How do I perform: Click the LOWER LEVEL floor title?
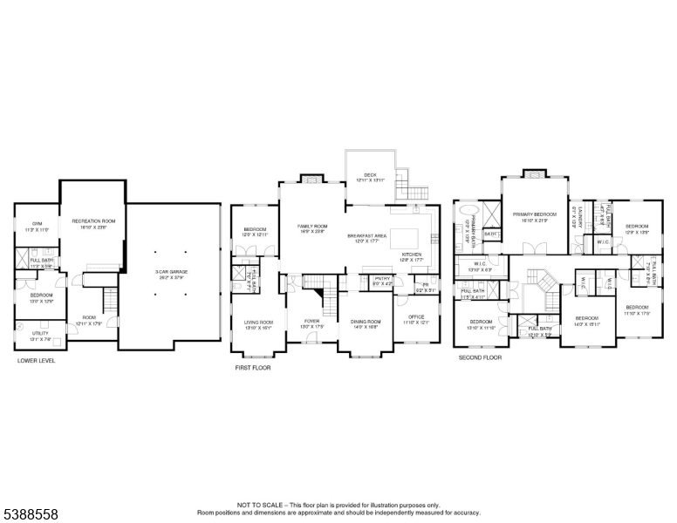point(36,359)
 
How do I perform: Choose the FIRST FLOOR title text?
point(253,368)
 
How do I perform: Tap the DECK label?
point(371,175)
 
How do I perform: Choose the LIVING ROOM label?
point(258,323)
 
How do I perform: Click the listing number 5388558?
point(30,515)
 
